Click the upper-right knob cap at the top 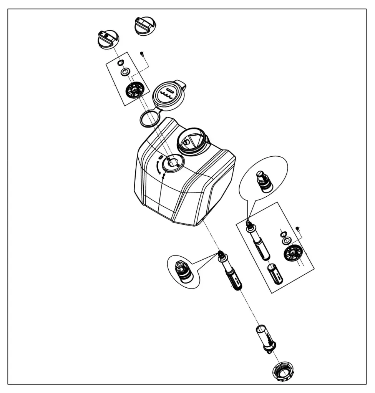pyautogui.click(x=144, y=26)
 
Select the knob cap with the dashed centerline pyautogui.click(x=108, y=39)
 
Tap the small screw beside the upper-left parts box pyautogui.click(x=142, y=53)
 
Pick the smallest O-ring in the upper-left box pyautogui.click(x=120, y=63)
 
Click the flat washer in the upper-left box pyautogui.click(x=125, y=72)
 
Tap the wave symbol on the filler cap pyautogui.click(x=168, y=95)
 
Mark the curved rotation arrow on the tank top pyautogui.click(x=158, y=167)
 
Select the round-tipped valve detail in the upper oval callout pyautogui.click(x=264, y=182)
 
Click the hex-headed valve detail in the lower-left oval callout pyautogui.click(x=183, y=271)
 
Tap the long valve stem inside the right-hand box pyautogui.click(x=259, y=242)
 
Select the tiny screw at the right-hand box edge pyautogui.click(x=297, y=229)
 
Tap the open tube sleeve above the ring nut pyautogui.click(x=265, y=337)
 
